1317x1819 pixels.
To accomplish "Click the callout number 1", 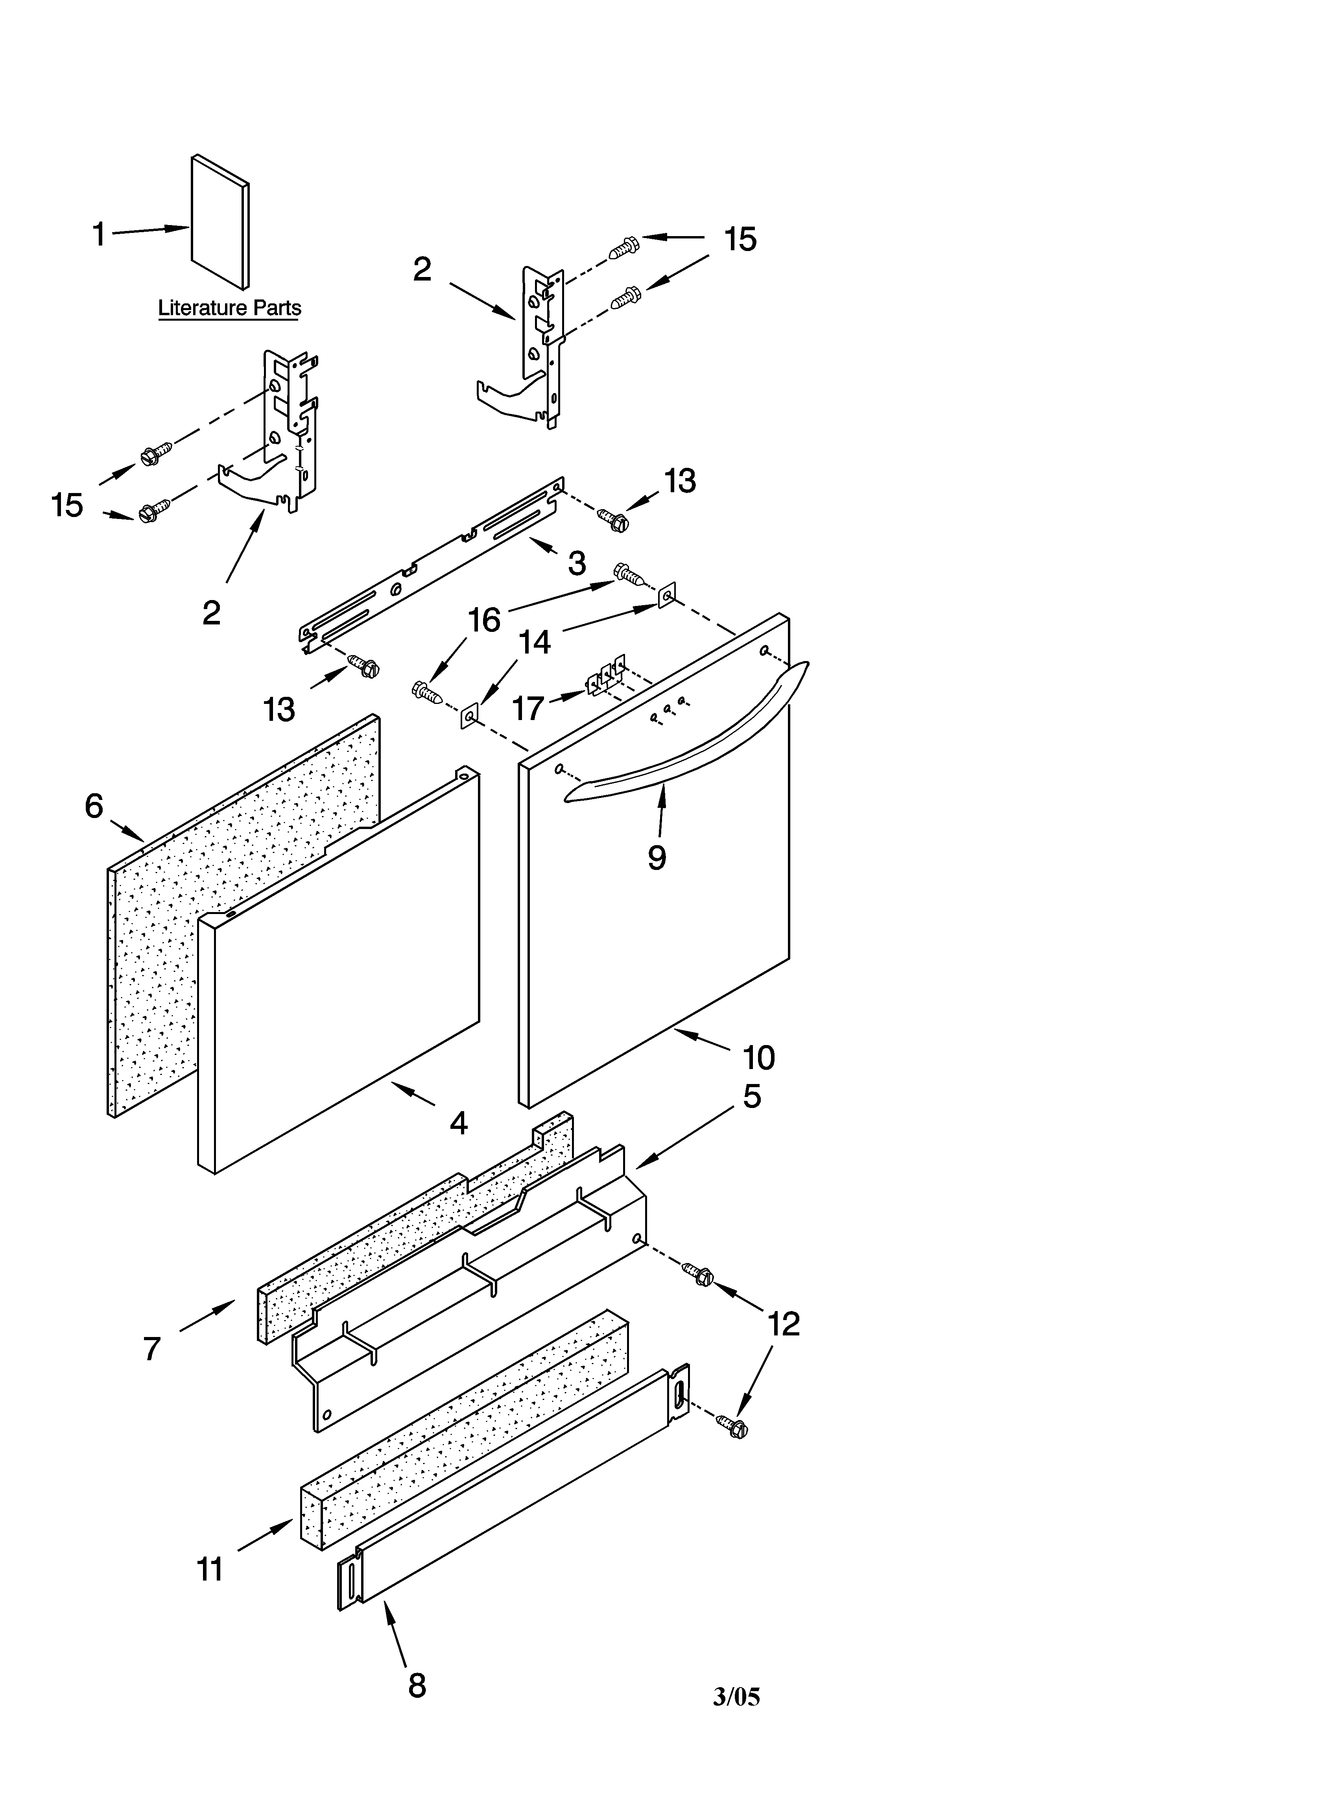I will (99, 235).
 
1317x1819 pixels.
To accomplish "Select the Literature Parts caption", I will (229, 308).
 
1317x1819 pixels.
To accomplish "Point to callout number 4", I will (458, 1123).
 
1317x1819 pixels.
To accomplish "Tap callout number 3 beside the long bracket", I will (577, 564).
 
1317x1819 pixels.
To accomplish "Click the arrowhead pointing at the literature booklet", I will (178, 229).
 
